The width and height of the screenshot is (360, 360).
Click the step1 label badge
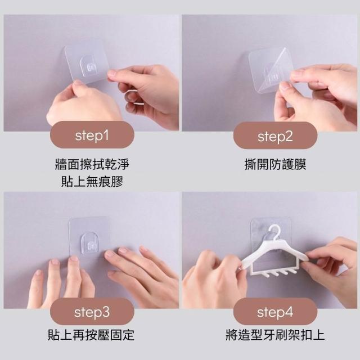pyautogui.click(x=92, y=135)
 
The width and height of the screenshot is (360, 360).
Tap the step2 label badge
pyautogui.click(x=275, y=136)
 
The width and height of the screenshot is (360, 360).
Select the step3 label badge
pyautogui.click(x=92, y=312)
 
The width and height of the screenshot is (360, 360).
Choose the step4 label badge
pyautogui.click(x=275, y=312)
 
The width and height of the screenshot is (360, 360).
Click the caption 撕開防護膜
pyautogui.click(x=275, y=164)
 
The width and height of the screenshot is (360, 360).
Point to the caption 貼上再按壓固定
pyautogui.click(x=91, y=335)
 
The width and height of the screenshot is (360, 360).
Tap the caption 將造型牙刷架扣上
pyautogui.click(x=275, y=335)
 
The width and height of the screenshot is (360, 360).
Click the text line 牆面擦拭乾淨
pyautogui.click(x=92, y=164)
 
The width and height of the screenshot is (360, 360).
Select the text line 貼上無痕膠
pyautogui.click(x=92, y=181)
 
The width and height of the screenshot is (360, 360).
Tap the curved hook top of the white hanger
pyautogui.click(x=275, y=231)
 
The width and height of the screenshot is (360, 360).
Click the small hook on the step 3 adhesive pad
pyautogui.click(x=89, y=243)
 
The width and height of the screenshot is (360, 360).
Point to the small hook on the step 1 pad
pyautogui.click(x=89, y=66)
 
